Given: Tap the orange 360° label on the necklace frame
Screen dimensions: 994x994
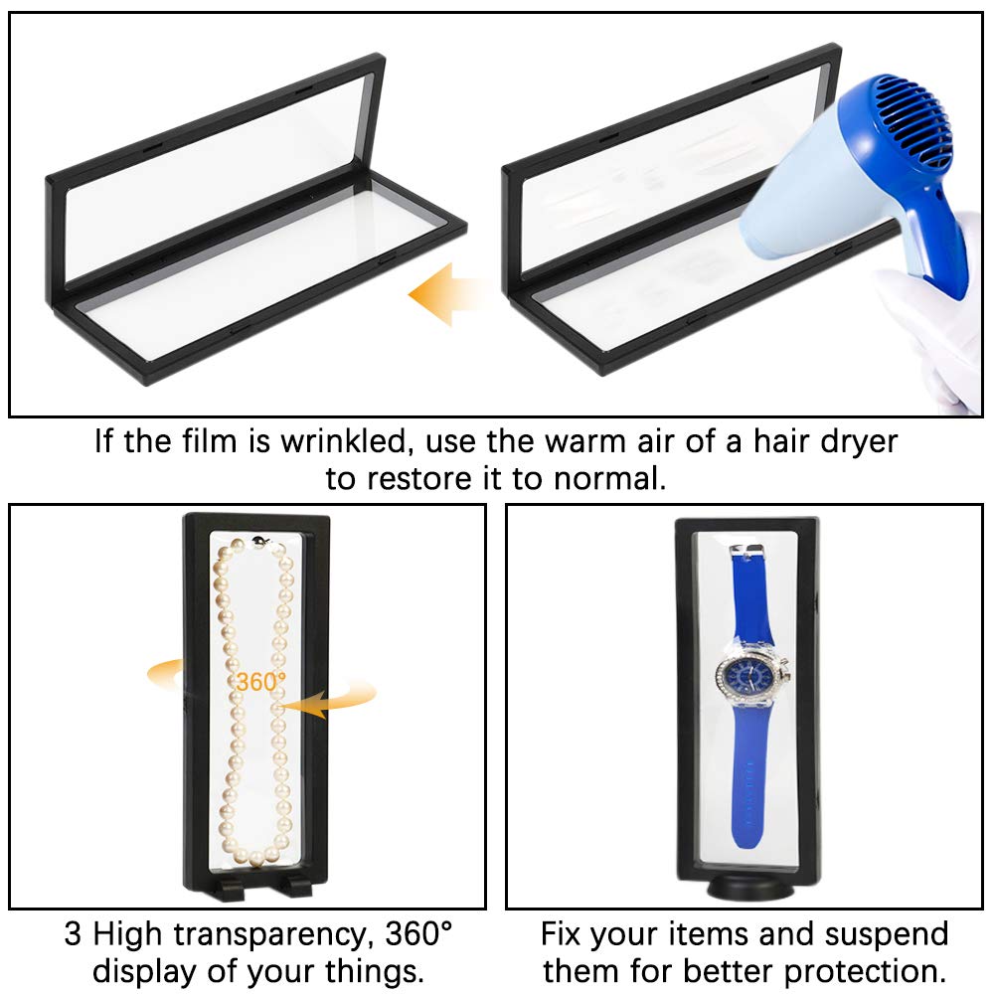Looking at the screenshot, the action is (x=260, y=682).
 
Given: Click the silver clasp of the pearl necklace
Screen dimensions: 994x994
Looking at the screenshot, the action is (x=260, y=542).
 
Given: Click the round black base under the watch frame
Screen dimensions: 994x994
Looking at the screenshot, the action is (x=750, y=888).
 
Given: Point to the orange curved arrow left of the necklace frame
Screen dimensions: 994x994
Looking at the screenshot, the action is (x=166, y=672).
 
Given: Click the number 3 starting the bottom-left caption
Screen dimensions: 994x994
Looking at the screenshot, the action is (x=73, y=934).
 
